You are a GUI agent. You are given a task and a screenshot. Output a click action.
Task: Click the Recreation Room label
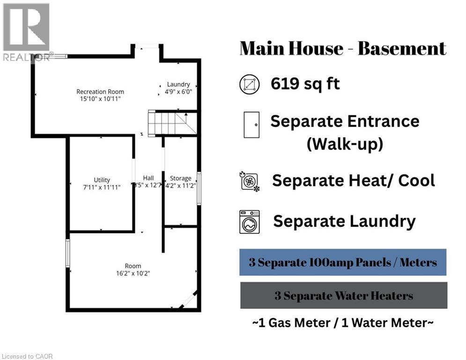tap(100, 91)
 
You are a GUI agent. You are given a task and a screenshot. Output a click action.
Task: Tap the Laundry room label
tap(178, 84)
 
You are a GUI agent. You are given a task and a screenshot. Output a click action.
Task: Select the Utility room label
tap(102, 180)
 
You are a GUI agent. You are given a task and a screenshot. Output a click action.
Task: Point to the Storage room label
tap(180, 178)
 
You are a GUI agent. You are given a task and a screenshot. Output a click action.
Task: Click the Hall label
tap(148, 178)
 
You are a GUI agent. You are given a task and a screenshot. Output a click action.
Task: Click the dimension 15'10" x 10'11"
tap(100, 99)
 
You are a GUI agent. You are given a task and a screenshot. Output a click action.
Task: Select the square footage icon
tap(249, 84)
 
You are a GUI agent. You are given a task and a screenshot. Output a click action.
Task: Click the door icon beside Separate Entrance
tap(251, 124)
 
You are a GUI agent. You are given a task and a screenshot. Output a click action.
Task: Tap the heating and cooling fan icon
tap(250, 181)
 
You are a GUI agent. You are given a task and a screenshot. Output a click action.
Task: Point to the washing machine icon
tap(250, 222)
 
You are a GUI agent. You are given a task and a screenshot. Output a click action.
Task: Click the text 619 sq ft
tap(305, 84)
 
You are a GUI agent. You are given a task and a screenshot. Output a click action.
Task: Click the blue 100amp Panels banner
tap(343, 262)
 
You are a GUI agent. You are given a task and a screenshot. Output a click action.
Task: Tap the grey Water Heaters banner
tap(343, 296)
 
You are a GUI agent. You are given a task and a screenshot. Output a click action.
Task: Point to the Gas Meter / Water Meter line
tap(343, 323)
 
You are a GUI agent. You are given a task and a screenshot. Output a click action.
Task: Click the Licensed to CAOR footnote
tap(27, 356)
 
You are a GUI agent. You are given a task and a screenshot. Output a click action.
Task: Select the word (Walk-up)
tap(345, 144)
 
